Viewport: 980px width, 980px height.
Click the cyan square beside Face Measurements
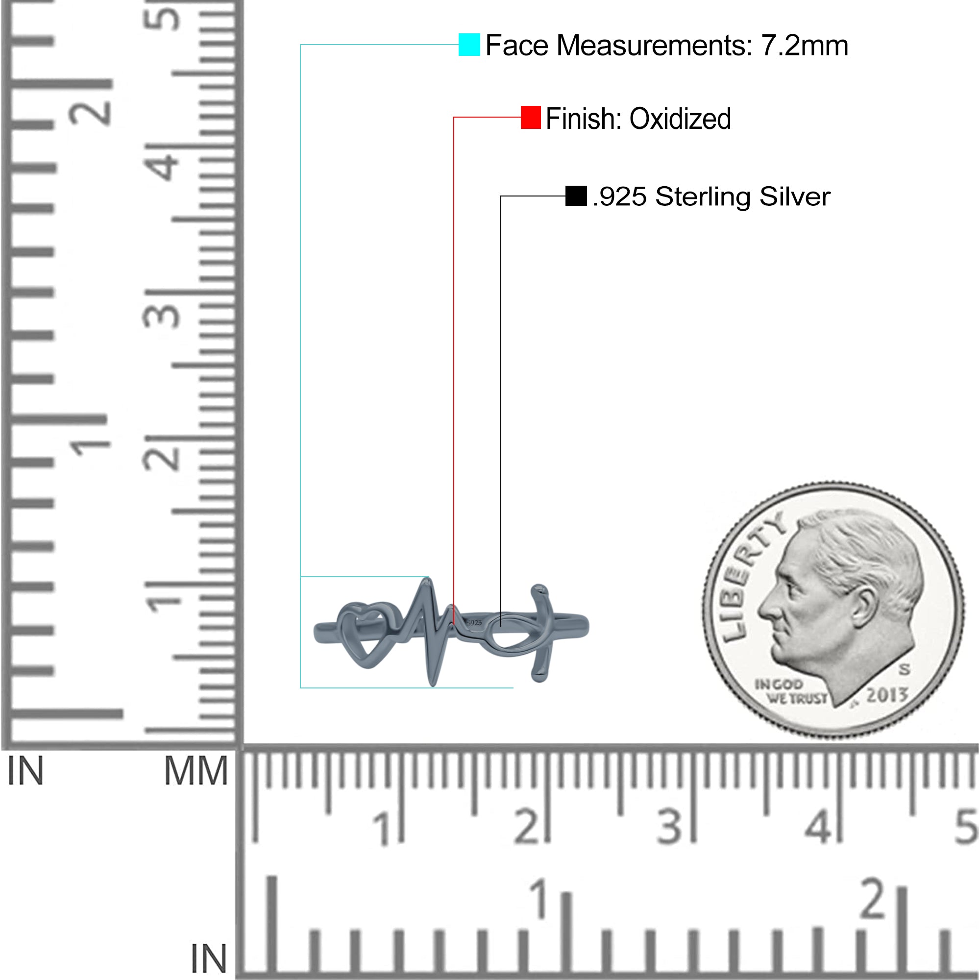point(469,45)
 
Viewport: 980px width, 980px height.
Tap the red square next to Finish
point(531,117)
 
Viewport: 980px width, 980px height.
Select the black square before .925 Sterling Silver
point(576,196)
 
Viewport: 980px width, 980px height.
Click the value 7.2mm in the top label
point(805,46)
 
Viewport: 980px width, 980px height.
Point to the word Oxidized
point(680,119)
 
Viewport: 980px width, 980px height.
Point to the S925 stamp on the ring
point(474,622)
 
